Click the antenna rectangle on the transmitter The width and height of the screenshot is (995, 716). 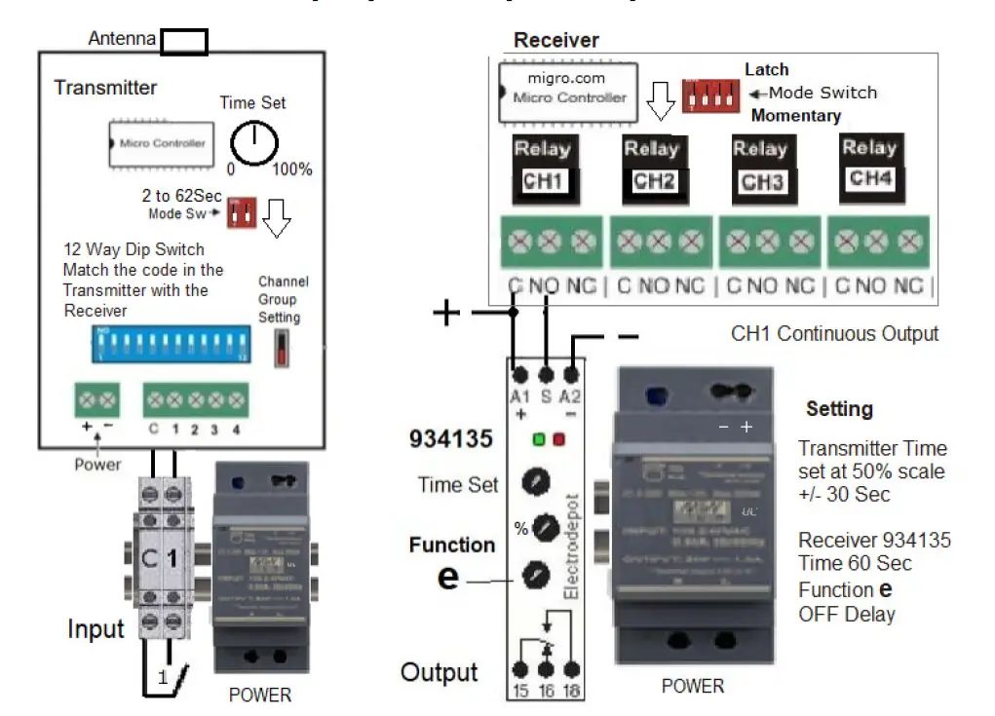(184, 41)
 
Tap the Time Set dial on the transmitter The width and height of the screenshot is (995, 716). (253, 144)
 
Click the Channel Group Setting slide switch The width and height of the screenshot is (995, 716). (283, 348)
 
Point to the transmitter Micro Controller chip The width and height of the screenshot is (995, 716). (162, 144)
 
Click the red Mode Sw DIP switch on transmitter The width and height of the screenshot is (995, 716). (241, 212)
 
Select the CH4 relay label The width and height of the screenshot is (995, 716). (869, 178)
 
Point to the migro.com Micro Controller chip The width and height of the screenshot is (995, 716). (565, 90)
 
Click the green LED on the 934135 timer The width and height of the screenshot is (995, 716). (538, 438)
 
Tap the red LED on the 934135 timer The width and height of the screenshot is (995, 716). (559, 438)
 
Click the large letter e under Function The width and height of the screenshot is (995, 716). (447, 577)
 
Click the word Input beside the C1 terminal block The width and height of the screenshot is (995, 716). (96, 629)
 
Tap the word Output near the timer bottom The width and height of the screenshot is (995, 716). (439, 672)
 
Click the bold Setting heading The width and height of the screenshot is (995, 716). (839, 408)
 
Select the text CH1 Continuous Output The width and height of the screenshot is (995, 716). (834, 334)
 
